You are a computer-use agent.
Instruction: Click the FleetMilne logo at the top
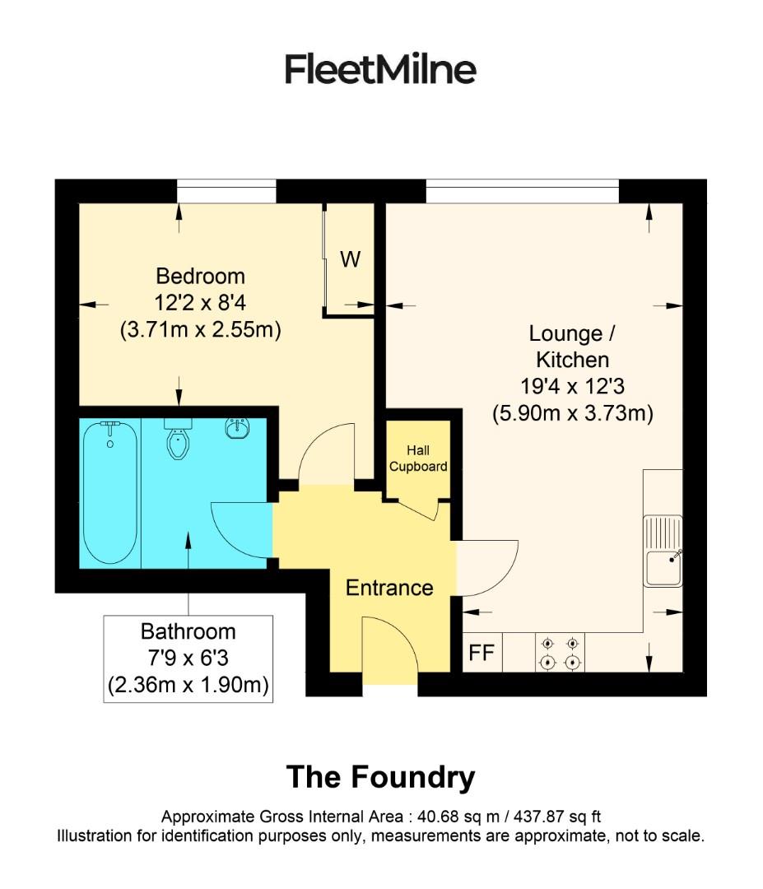click(x=380, y=69)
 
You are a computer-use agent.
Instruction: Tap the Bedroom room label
click(x=200, y=276)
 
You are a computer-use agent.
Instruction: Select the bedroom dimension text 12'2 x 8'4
click(x=200, y=303)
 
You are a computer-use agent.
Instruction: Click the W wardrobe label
click(x=351, y=259)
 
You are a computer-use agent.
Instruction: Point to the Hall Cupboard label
click(x=418, y=458)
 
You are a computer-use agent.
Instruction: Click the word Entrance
click(x=388, y=588)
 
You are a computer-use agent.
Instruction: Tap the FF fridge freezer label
click(x=482, y=654)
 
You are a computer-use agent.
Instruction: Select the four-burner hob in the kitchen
click(x=560, y=653)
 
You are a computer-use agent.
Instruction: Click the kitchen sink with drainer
click(x=663, y=551)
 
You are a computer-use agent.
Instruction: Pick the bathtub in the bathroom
click(x=109, y=492)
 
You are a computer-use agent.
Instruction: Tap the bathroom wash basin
click(x=237, y=429)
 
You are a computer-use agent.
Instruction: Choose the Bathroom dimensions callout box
click(x=188, y=659)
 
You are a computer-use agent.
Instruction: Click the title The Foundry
click(x=380, y=776)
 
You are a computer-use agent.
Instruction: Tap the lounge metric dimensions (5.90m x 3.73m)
click(x=573, y=413)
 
